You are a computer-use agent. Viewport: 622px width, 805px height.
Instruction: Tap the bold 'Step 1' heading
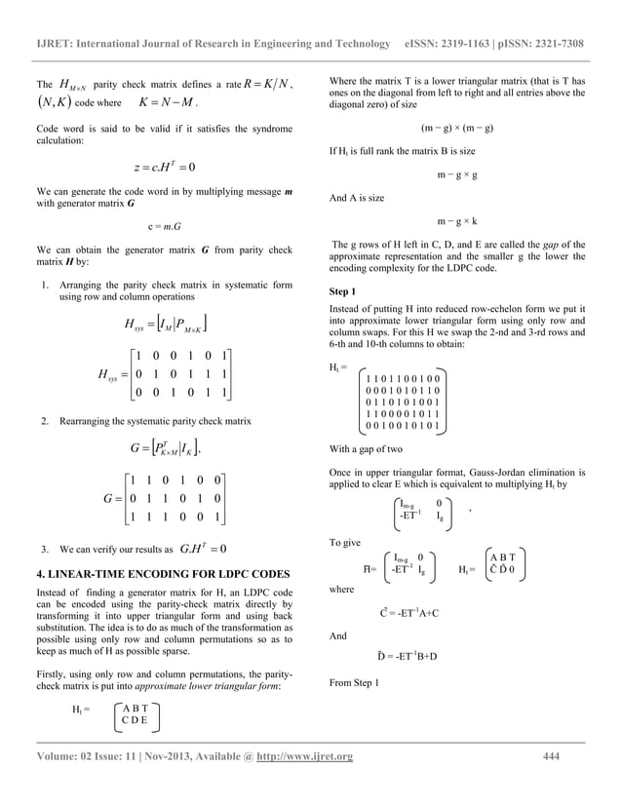click(344, 291)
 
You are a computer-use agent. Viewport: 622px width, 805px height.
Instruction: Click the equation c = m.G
click(163, 227)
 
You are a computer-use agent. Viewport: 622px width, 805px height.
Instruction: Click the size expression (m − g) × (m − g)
click(456, 129)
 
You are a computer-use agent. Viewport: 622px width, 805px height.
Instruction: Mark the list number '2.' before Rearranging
click(45, 423)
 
